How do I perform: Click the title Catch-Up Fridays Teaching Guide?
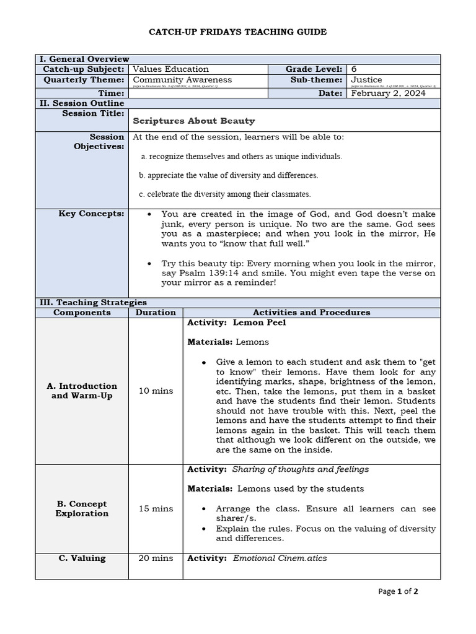[x=238, y=32]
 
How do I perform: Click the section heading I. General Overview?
[x=84, y=59]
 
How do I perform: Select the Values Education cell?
[x=171, y=69]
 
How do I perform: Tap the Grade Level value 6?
[x=354, y=69]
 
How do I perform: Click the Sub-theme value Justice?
[x=367, y=80]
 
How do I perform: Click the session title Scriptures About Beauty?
[x=194, y=121]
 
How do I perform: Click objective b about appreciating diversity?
[x=229, y=175]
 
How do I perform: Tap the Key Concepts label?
[x=91, y=214]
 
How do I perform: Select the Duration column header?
[x=156, y=313]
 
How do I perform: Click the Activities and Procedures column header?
[x=311, y=313]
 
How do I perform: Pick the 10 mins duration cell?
[x=156, y=391]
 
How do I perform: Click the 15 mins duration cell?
[x=156, y=508]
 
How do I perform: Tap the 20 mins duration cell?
[x=156, y=558]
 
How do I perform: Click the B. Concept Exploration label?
[x=82, y=508]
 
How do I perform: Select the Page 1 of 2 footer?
[x=398, y=591]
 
